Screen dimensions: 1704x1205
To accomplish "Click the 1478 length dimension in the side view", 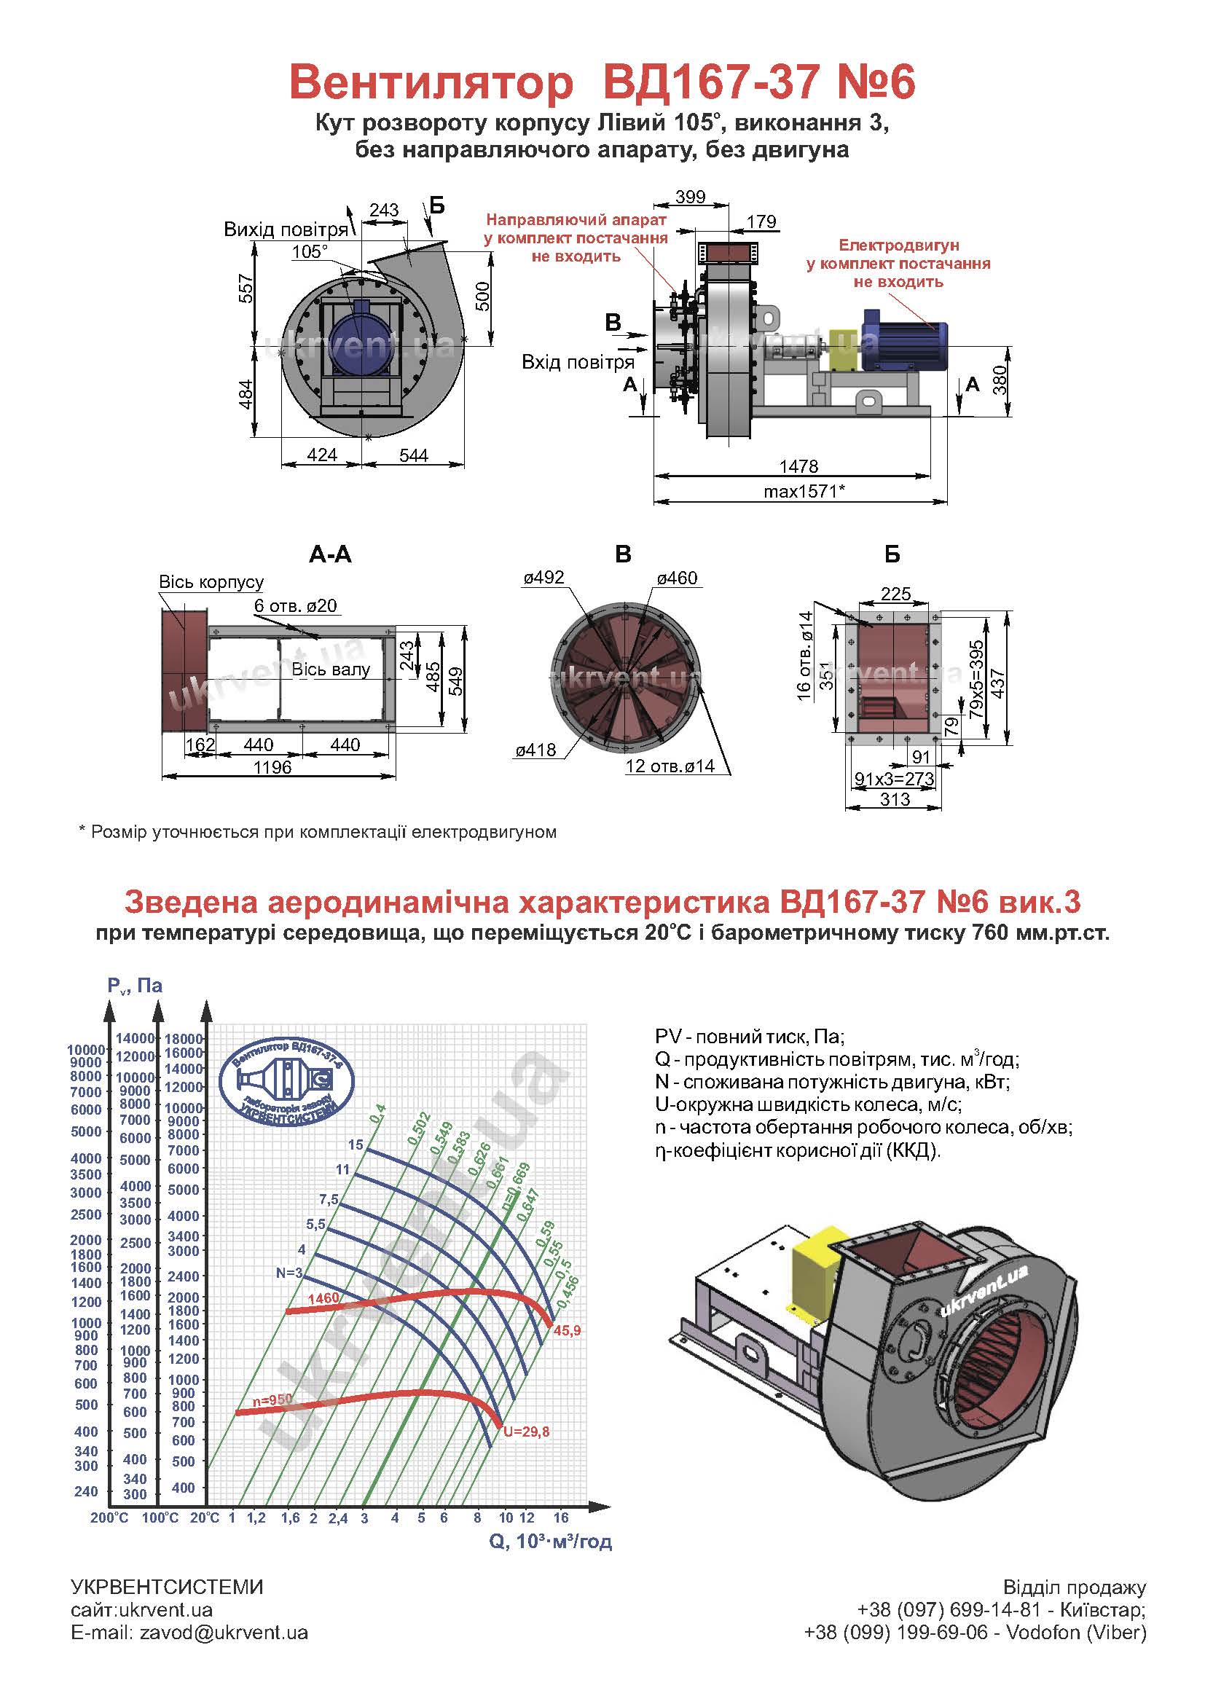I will click(x=798, y=466).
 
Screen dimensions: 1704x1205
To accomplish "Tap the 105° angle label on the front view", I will click(x=310, y=251).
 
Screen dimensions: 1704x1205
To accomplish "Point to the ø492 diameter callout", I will click(x=543, y=578).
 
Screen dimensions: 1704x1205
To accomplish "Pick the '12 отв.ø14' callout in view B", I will click(x=670, y=766).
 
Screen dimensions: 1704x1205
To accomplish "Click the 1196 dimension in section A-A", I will click(x=272, y=766).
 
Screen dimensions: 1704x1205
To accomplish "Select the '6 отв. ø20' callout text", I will click(x=295, y=605).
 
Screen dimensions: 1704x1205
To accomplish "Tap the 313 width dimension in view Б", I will click(x=895, y=799).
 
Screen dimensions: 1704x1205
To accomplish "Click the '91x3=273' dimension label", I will click(x=894, y=779).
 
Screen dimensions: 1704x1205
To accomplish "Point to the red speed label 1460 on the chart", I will click(x=323, y=1298).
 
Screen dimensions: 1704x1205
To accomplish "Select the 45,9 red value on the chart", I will click(x=567, y=1331).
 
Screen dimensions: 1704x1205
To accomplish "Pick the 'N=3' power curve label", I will click(x=289, y=1273).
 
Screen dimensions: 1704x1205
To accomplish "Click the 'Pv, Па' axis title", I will click(x=134, y=986).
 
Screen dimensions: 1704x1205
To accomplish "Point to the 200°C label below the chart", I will click(x=109, y=1518).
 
